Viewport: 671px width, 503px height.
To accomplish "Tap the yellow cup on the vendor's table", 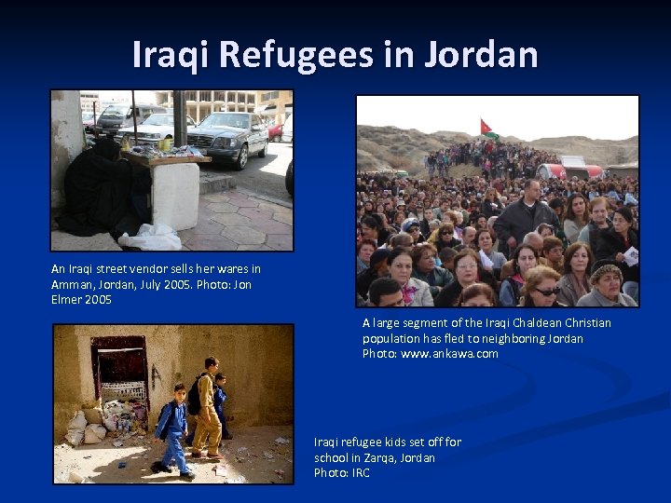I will click(164, 143).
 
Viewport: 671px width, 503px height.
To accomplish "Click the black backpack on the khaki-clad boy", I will click(195, 395).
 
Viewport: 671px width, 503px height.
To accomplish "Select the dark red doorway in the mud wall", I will click(120, 368).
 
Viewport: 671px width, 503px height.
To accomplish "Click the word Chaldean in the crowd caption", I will click(503, 323).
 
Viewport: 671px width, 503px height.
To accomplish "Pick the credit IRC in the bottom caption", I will click(360, 473).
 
